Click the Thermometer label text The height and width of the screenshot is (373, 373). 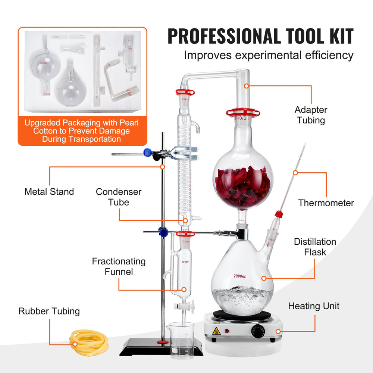326,203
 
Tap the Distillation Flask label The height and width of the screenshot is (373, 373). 315,247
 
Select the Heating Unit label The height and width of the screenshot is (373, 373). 314,306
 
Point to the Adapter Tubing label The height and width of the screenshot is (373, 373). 311,115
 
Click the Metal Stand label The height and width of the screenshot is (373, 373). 49,192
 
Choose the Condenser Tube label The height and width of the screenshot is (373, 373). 119,197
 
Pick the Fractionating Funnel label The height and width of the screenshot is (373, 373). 119,266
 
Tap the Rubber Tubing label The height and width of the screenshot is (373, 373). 49,311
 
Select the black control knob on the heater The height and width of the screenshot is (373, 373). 258,331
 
